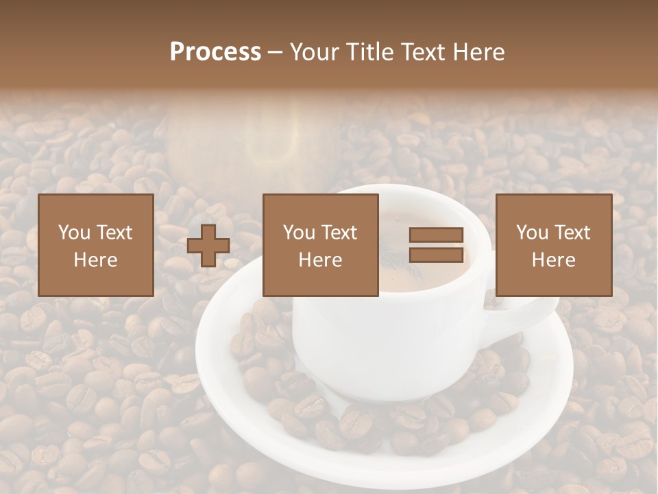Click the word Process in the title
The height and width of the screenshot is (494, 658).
click(x=215, y=52)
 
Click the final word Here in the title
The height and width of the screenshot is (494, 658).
click(x=479, y=52)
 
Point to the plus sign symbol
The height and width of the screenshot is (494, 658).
click(x=208, y=245)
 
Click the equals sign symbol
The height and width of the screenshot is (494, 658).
click(x=436, y=245)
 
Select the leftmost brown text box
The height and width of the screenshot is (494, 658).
click(x=95, y=245)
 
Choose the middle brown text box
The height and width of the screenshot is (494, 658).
click(x=320, y=245)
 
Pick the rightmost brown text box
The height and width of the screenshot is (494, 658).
click(x=553, y=245)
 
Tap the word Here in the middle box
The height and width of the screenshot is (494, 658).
click(x=320, y=260)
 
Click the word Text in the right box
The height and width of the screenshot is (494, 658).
click(x=572, y=233)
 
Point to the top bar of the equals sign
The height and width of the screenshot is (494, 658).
click(x=436, y=235)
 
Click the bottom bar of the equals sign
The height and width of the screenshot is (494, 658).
click(x=436, y=255)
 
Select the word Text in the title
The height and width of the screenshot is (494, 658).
click(x=422, y=52)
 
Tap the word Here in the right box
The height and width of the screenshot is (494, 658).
click(x=553, y=260)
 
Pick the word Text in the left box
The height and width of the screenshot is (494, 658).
click(x=114, y=233)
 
